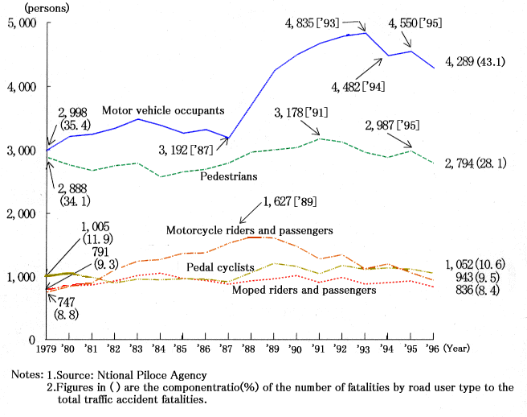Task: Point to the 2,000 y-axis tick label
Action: click(22, 213)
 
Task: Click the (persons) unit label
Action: click(29, 7)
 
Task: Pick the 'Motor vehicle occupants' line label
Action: click(163, 109)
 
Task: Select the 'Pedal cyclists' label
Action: click(220, 266)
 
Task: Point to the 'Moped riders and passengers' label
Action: click(304, 290)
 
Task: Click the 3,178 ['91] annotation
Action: click(301, 111)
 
